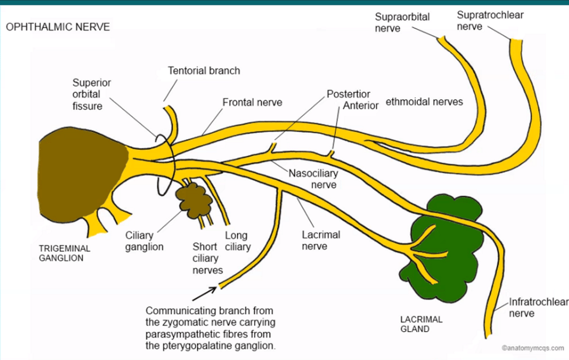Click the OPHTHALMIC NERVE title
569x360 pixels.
click(58, 27)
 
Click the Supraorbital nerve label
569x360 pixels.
click(402, 22)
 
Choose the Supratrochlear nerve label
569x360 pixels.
click(490, 21)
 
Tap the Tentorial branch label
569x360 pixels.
click(204, 71)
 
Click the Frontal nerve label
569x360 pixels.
click(252, 102)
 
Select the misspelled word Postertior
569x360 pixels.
click(349, 94)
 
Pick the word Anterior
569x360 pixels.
click(360, 105)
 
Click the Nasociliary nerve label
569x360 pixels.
click(313, 179)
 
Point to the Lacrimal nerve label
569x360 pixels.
click(320, 240)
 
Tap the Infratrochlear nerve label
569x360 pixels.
click(538, 307)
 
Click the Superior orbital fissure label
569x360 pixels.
click(91, 94)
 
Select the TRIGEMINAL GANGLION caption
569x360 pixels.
click(64, 253)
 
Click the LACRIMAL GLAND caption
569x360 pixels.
click(421, 324)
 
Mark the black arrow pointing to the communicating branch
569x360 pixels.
click(204, 292)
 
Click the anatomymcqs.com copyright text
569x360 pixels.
click(532, 348)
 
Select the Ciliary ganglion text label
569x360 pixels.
click(144, 241)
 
